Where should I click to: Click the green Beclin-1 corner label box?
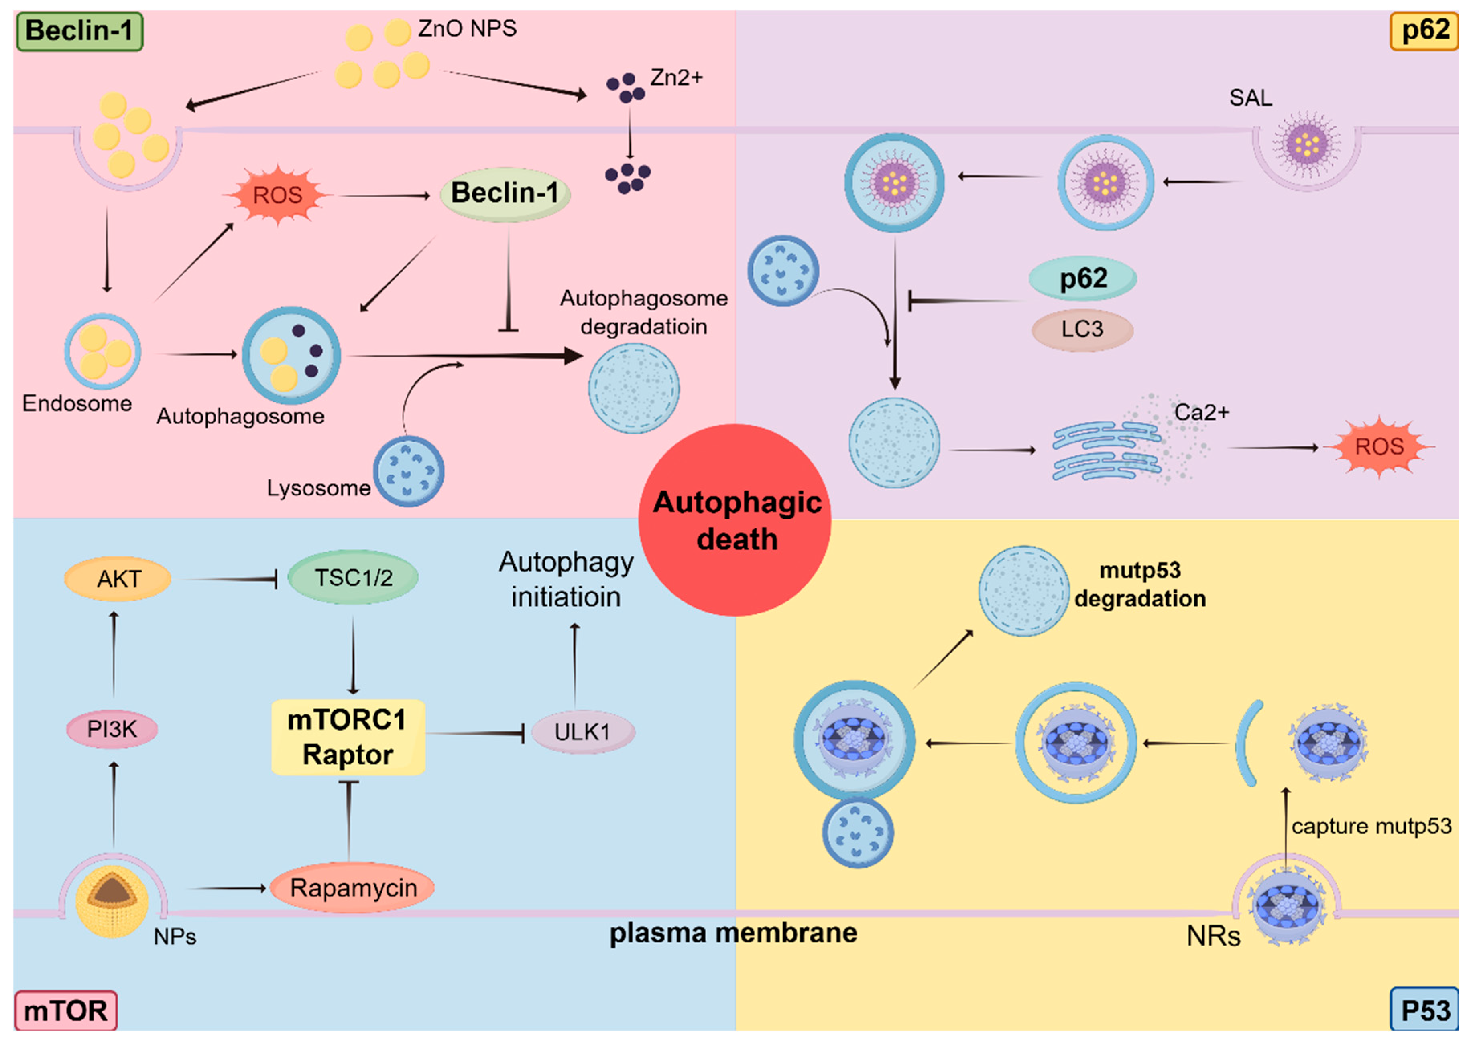(79, 31)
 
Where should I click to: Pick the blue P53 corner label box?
(1424, 1010)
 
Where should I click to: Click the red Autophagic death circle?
(735, 520)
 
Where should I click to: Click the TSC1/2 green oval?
(353, 577)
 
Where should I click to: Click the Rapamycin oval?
(353, 888)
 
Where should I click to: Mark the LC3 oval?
(1082, 329)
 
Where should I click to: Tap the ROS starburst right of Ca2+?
(1379, 446)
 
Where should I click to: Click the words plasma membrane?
(733, 933)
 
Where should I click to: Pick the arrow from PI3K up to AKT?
(114, 654)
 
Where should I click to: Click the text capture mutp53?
(1371, 826)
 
